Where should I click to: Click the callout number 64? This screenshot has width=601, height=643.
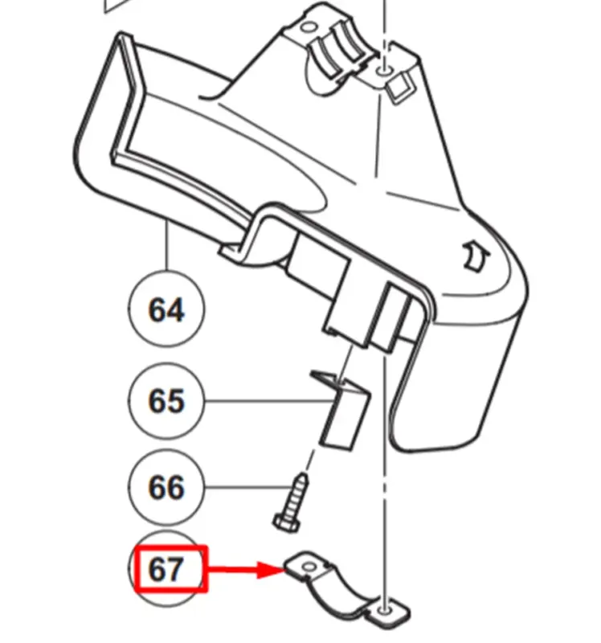click(x=166, y=309)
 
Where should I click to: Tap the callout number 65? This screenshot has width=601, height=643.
click(x=166, y=400)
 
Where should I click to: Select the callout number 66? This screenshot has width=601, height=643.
click(x=166, y=487)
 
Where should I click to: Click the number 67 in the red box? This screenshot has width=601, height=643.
click(x=166, y=569)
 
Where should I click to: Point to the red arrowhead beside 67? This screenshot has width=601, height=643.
click(x=271, y=570)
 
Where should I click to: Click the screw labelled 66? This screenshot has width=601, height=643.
click(x=291, y=503)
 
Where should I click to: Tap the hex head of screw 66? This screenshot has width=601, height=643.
click(x=286, y=524)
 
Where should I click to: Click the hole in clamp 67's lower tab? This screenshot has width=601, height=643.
click(x=384, y=611)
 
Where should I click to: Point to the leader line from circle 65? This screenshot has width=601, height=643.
click(x=269, y=400)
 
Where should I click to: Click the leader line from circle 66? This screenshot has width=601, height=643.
click(x=249, y=487)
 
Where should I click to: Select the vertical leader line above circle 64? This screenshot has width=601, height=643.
click(x=167, y=245)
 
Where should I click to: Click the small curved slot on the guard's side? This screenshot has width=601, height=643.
click(x=475, y=256)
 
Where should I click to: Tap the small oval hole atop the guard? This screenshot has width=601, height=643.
click(x=309, y=28)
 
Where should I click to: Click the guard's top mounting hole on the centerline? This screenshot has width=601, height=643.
click(x=384, y=72)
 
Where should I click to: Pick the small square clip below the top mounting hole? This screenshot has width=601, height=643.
click(x=399, y=89)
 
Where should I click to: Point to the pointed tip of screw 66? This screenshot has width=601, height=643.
click(x=303, y=475)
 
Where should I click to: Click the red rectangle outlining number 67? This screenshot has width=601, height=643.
click(x=172, y=569)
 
